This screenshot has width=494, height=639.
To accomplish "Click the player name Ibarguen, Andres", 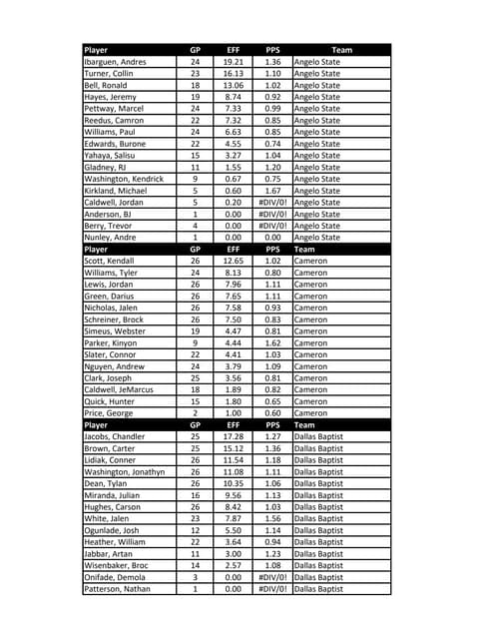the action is [116, 62].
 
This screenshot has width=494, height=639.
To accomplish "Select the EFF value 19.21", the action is [234, 62].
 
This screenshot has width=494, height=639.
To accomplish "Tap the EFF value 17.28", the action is [234, 437].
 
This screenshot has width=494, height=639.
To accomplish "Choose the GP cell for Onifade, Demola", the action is [196, 578].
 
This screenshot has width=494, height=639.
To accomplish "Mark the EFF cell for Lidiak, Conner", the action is [234, 460].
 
